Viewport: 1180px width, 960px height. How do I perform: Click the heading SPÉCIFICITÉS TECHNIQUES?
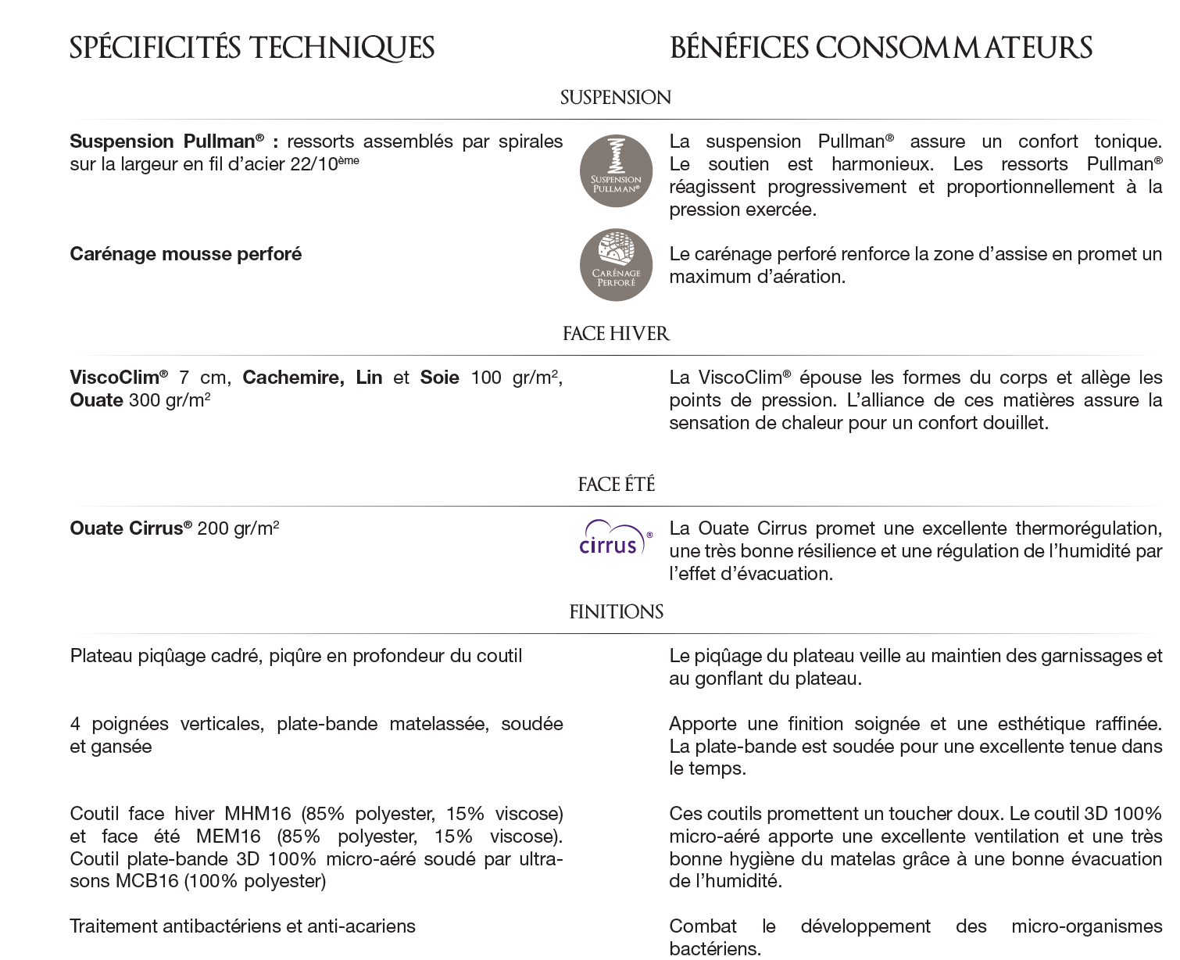click(x=252, y=48)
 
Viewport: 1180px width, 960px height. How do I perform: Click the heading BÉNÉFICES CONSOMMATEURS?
click(x=881, y=48)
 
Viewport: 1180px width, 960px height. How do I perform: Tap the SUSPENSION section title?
click(x=616, y=98)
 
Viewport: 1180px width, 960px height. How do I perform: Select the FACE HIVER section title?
click(x=616, y=334)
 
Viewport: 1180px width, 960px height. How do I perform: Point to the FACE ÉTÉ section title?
click(x=616, y=485)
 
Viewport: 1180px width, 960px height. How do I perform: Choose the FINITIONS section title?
click(x=616, y=612)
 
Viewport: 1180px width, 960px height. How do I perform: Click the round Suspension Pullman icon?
click(x=616, y=170)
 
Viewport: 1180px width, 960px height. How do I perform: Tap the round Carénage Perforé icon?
click(x=616, y=264)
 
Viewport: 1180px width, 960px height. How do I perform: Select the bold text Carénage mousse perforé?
click(x=185, y=254)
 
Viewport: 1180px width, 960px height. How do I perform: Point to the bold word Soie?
click(x=439, y=378)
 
